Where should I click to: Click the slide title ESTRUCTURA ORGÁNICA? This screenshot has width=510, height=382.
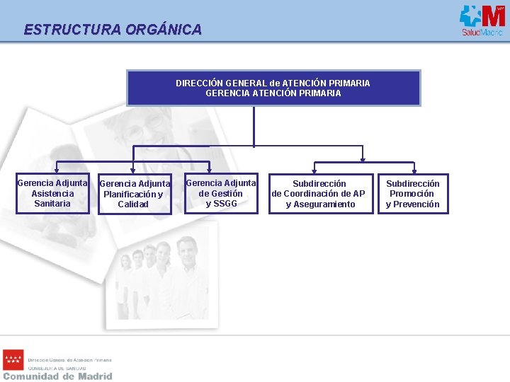click(x=113, y=30)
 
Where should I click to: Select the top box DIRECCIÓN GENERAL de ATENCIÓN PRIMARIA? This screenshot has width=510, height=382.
click(x=273, y=88)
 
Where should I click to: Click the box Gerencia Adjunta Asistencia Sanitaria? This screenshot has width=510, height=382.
click(x=52, y=193)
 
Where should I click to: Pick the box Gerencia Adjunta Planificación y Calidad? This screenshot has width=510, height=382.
click(x=133, y=194)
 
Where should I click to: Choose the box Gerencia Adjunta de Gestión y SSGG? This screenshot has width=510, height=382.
click(x=220, y=193)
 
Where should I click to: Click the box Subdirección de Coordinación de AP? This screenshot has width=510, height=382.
click(x=319, y=194)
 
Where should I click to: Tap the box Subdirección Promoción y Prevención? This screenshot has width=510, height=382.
click(x=412, y=194)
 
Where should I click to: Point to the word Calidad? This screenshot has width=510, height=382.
click(x=133, y=204)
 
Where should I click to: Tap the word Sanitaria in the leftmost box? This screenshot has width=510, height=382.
click(x=52, y=204)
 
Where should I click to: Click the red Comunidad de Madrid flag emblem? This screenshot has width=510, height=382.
click(x=13, y=360)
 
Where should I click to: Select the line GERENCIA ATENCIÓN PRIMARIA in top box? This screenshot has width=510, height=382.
click(x=273, y=93)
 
